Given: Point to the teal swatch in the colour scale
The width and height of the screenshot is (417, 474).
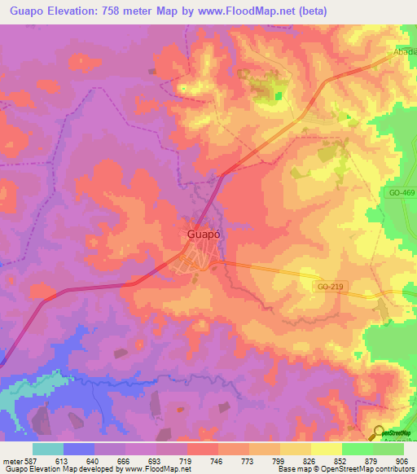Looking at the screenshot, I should click(x=48, y=449).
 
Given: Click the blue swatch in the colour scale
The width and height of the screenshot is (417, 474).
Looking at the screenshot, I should click(x=79, y=449).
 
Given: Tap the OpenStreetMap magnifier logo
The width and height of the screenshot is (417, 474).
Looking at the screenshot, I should click(x=380, y=433).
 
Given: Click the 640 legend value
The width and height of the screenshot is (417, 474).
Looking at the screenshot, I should click(x=94, y=460).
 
